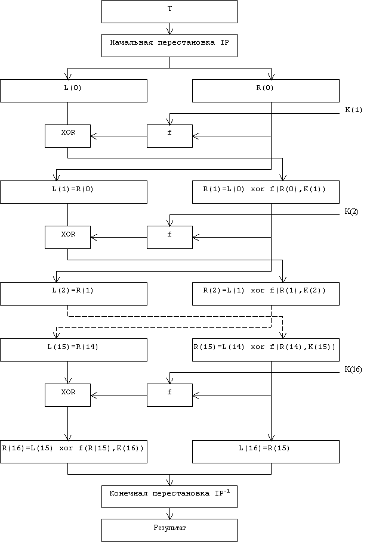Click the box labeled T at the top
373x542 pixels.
point(169,12)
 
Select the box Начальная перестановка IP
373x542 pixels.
point(169,45)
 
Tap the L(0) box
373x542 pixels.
point(73,91)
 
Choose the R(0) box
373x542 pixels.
point(266,91)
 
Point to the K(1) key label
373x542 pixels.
point(354,110)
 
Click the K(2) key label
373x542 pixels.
point(352,211)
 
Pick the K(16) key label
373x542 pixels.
point(353,369)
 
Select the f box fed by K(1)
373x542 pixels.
point(169,136)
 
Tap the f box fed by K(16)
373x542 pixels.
point(169,395)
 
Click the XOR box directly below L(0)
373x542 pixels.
point(67,136)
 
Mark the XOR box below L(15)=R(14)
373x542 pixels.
point(67,395)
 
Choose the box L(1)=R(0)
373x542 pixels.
point(73,192)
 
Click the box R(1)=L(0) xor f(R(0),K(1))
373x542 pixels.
point(266,192)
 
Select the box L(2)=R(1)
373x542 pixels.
point(73,294)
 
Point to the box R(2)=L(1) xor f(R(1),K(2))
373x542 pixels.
point(266,294)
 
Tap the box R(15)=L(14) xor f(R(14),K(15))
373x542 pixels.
point(266,350)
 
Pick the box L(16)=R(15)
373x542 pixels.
point(266,451)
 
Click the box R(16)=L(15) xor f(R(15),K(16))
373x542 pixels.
point(73,451)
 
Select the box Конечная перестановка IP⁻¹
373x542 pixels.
point(169,497)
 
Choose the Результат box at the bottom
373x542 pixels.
point(169,530)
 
